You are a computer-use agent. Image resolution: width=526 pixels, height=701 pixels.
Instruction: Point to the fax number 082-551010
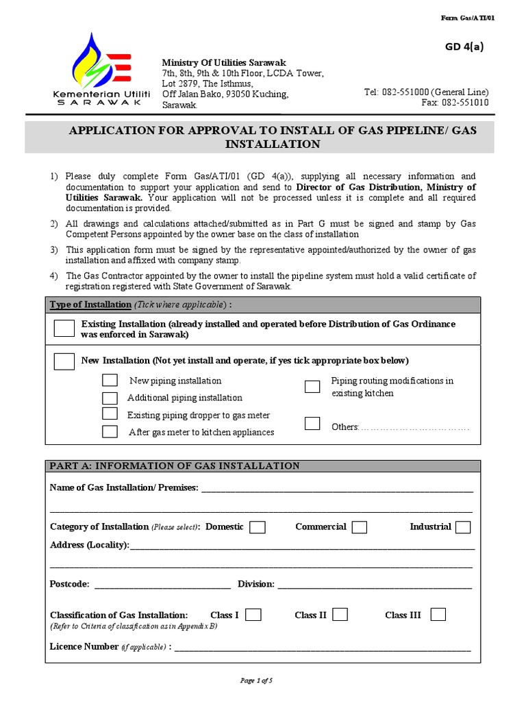[465, 103]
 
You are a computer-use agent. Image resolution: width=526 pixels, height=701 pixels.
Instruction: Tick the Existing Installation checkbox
[64, 329]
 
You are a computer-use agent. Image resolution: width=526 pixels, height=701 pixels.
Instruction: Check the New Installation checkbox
[64, 361]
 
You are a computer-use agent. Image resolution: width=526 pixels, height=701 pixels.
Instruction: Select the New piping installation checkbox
[110, 381]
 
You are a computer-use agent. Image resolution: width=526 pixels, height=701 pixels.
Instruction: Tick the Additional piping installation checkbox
[110, 398]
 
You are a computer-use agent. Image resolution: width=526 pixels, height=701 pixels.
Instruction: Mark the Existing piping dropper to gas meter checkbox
[110, 414]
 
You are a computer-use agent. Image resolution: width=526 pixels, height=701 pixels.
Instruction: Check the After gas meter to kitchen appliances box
[110, 431]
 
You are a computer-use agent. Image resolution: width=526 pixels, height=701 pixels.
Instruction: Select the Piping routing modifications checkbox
[312, 387]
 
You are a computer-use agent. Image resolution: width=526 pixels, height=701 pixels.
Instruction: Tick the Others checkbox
[312, 423]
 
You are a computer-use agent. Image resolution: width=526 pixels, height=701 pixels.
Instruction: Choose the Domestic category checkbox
[258, 527]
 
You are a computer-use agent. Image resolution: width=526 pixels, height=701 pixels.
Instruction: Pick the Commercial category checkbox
[360, 527]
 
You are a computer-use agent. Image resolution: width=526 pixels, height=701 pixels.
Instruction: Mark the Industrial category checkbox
[463, 527]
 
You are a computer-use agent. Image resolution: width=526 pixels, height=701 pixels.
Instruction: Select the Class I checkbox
[253, 615]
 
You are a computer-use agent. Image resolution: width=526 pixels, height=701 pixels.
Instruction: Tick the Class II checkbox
[340, 615]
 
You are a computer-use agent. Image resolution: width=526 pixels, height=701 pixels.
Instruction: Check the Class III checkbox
[438, 615]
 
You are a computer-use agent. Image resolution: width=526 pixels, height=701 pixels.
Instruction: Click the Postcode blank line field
[162, 585]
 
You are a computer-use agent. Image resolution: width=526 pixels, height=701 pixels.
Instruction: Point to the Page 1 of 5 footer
[256, 680]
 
